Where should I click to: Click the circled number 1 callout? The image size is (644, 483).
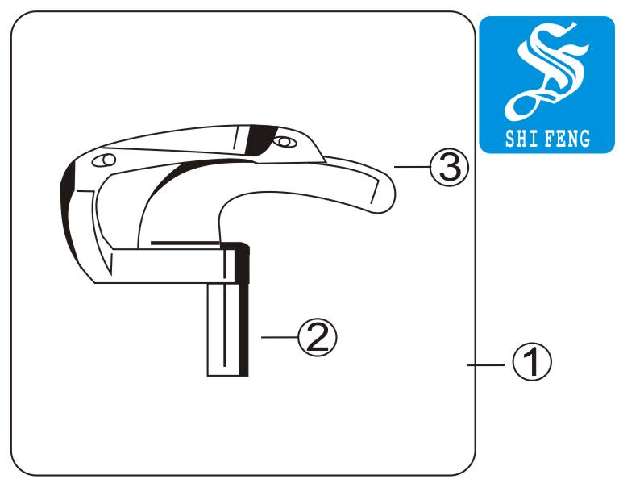(x=532, y=362)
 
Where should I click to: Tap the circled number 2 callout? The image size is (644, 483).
(x=317, y=337)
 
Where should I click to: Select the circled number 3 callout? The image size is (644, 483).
(x=449, y=167)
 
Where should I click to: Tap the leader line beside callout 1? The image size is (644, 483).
(x=486, y=364)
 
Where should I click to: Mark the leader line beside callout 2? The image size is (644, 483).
(x=280, y=337)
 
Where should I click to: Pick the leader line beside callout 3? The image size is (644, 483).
(x=412, y=167)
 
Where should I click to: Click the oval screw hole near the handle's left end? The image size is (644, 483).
(x=103, y=160)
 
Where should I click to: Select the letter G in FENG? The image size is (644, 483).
(x=584, y=139)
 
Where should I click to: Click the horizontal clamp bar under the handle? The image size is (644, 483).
(x=164, y=266)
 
